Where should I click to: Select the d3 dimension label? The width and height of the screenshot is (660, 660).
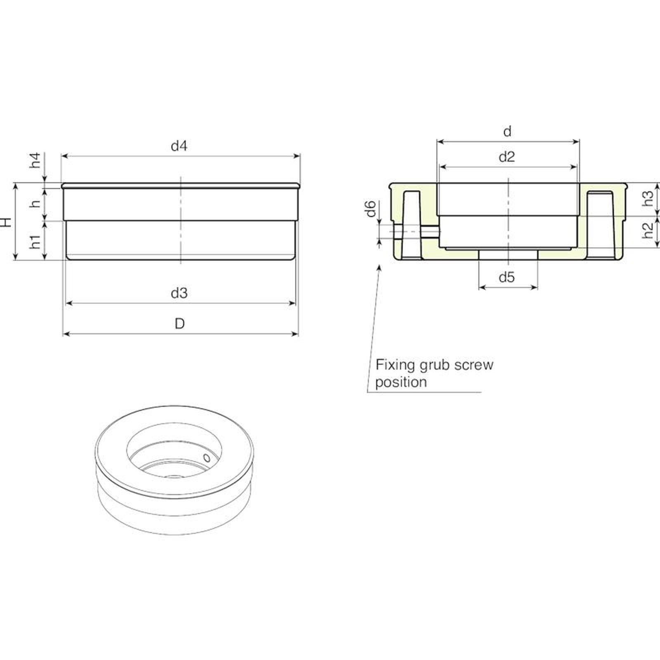click(179, 293)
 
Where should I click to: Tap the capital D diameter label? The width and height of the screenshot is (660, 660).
click(179, 324)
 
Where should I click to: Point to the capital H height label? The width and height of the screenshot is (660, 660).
click(6, 222)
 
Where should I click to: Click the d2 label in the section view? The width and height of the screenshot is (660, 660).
click(507, 157)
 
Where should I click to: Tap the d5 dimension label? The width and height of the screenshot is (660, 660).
click(507, 277)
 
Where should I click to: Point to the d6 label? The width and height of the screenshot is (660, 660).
click(371, 208)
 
